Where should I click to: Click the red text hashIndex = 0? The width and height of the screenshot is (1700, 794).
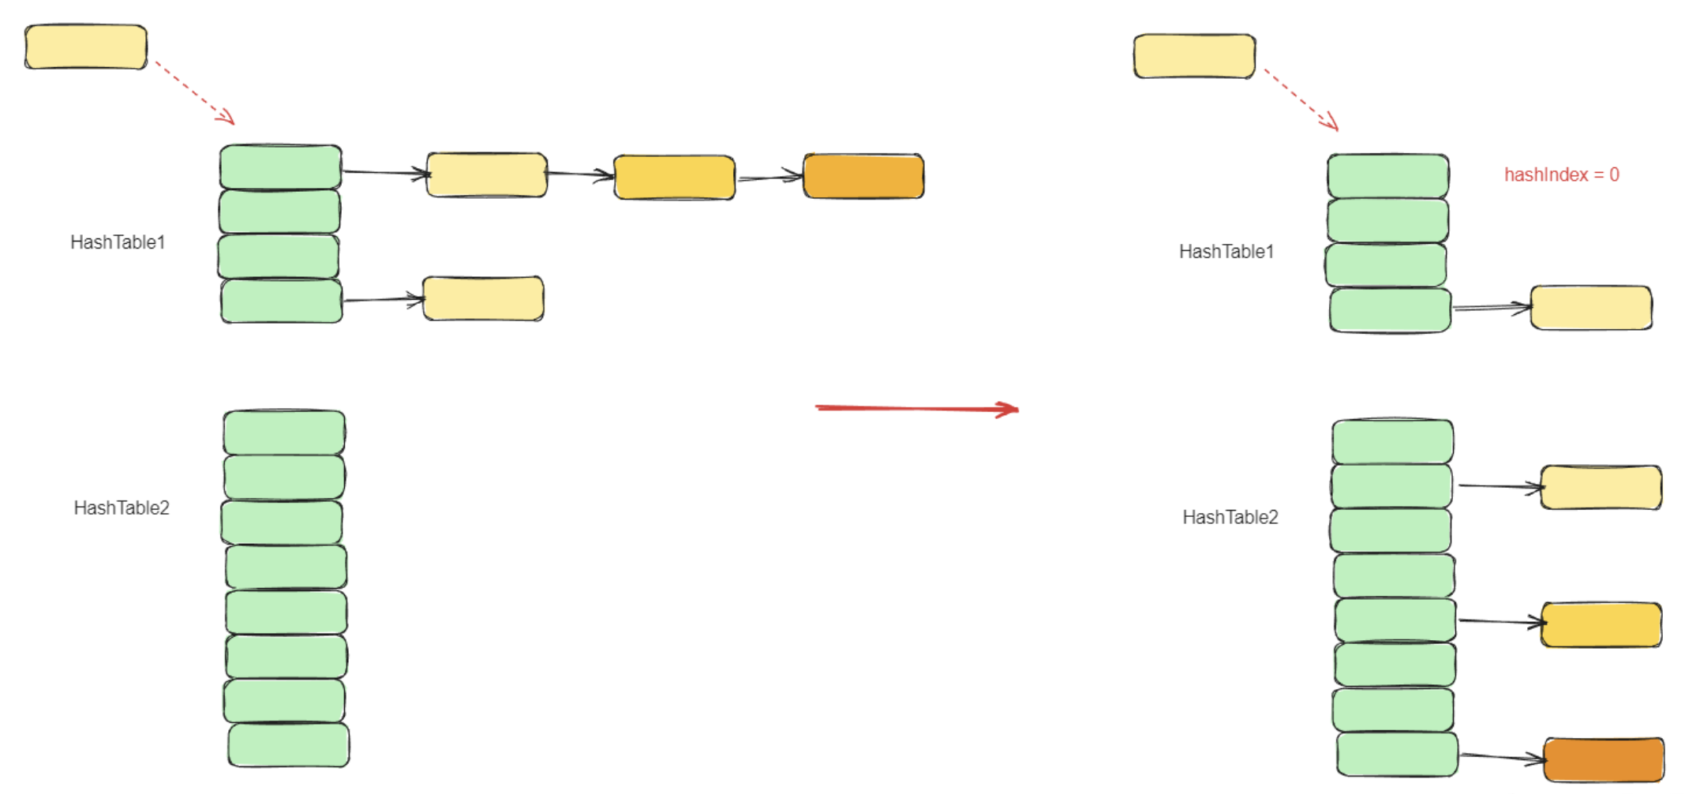(x=1560, y=174)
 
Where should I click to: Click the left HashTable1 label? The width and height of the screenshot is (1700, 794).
(x=118, y=242)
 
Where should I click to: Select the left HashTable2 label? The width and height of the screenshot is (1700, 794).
(x=122, y=507)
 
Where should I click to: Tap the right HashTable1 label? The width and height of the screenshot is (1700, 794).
(x=1226, y=252)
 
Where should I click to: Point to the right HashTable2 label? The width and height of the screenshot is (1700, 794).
(x=1230, y=517)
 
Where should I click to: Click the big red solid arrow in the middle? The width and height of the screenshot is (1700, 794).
(x=916, y=408)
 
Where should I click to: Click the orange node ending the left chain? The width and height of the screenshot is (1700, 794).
(x=863, y=176)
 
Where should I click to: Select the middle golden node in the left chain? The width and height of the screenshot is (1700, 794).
(x=674, y=177)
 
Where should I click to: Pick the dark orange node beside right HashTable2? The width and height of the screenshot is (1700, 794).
(x=1604, y=759)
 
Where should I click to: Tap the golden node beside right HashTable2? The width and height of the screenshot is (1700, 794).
(x=1601, y=624)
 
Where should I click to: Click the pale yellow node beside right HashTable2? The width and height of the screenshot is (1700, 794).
(x=1601, y=487)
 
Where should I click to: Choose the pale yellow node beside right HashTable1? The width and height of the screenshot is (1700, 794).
(x=1591, y=307)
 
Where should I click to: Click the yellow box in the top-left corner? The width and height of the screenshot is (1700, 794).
(x=86, y=47)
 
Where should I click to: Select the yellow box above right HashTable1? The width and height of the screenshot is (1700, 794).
(x=1194, y=56)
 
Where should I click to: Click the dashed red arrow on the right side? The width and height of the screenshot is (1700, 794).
(x=1301, y=99)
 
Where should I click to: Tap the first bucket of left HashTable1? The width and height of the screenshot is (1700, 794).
(x=280, y=167)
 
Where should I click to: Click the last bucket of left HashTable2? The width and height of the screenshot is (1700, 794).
(x=289, y=744)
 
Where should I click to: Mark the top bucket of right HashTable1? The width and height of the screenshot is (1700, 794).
(x=1387, y=175)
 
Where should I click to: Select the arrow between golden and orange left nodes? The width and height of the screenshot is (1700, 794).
(x=769, y=178)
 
